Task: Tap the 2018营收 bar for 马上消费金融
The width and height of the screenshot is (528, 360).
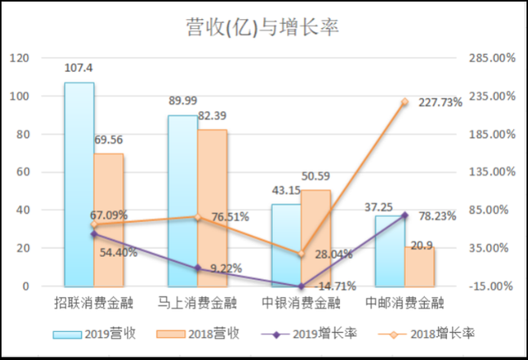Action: coord(212,208)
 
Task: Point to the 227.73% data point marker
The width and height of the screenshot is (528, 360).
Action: coord(405,102)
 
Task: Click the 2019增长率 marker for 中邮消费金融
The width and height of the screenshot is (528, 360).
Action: coord(405,216)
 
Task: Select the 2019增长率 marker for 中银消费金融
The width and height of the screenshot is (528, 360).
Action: coord(301,286)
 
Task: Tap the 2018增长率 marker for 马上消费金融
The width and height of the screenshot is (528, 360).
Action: coord(198,217)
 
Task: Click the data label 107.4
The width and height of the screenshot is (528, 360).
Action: coord(80,69)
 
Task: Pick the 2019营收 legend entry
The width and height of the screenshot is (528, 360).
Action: coord(94,334)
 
